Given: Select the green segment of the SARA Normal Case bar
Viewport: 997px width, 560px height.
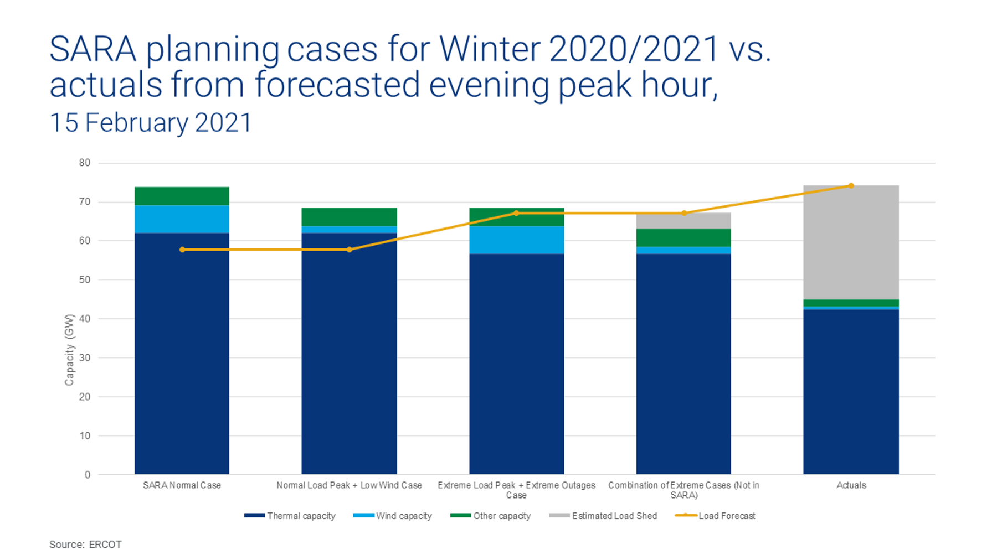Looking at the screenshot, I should [182, 196].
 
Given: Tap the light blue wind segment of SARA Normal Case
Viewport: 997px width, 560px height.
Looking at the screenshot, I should [182, 219].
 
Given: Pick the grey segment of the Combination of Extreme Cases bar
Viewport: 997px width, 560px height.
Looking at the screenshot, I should [683, 221].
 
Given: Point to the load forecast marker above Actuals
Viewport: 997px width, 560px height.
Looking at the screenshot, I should [851, 186].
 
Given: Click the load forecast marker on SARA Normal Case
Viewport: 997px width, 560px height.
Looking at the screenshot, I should [182, 250].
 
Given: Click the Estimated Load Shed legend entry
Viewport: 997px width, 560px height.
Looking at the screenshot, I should [603, 516].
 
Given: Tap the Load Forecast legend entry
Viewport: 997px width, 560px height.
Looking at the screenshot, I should [715, 516].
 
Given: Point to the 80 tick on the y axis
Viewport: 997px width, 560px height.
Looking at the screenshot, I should [84, 163].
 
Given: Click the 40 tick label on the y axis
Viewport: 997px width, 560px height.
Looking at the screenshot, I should [84, 319].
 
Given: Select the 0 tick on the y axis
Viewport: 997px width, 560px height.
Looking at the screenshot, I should [88, 475].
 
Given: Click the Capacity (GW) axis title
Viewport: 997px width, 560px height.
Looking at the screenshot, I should [69, 350].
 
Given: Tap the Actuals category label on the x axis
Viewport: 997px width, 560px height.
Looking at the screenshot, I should [851, 485].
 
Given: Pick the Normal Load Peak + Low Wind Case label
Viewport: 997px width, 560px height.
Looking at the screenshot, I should [349, 485].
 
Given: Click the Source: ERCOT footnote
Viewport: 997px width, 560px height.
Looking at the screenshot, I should [85, 545].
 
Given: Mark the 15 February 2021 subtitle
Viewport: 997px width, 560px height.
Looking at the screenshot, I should [151, 123].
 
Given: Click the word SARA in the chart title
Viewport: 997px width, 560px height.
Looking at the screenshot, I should [92, 49].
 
